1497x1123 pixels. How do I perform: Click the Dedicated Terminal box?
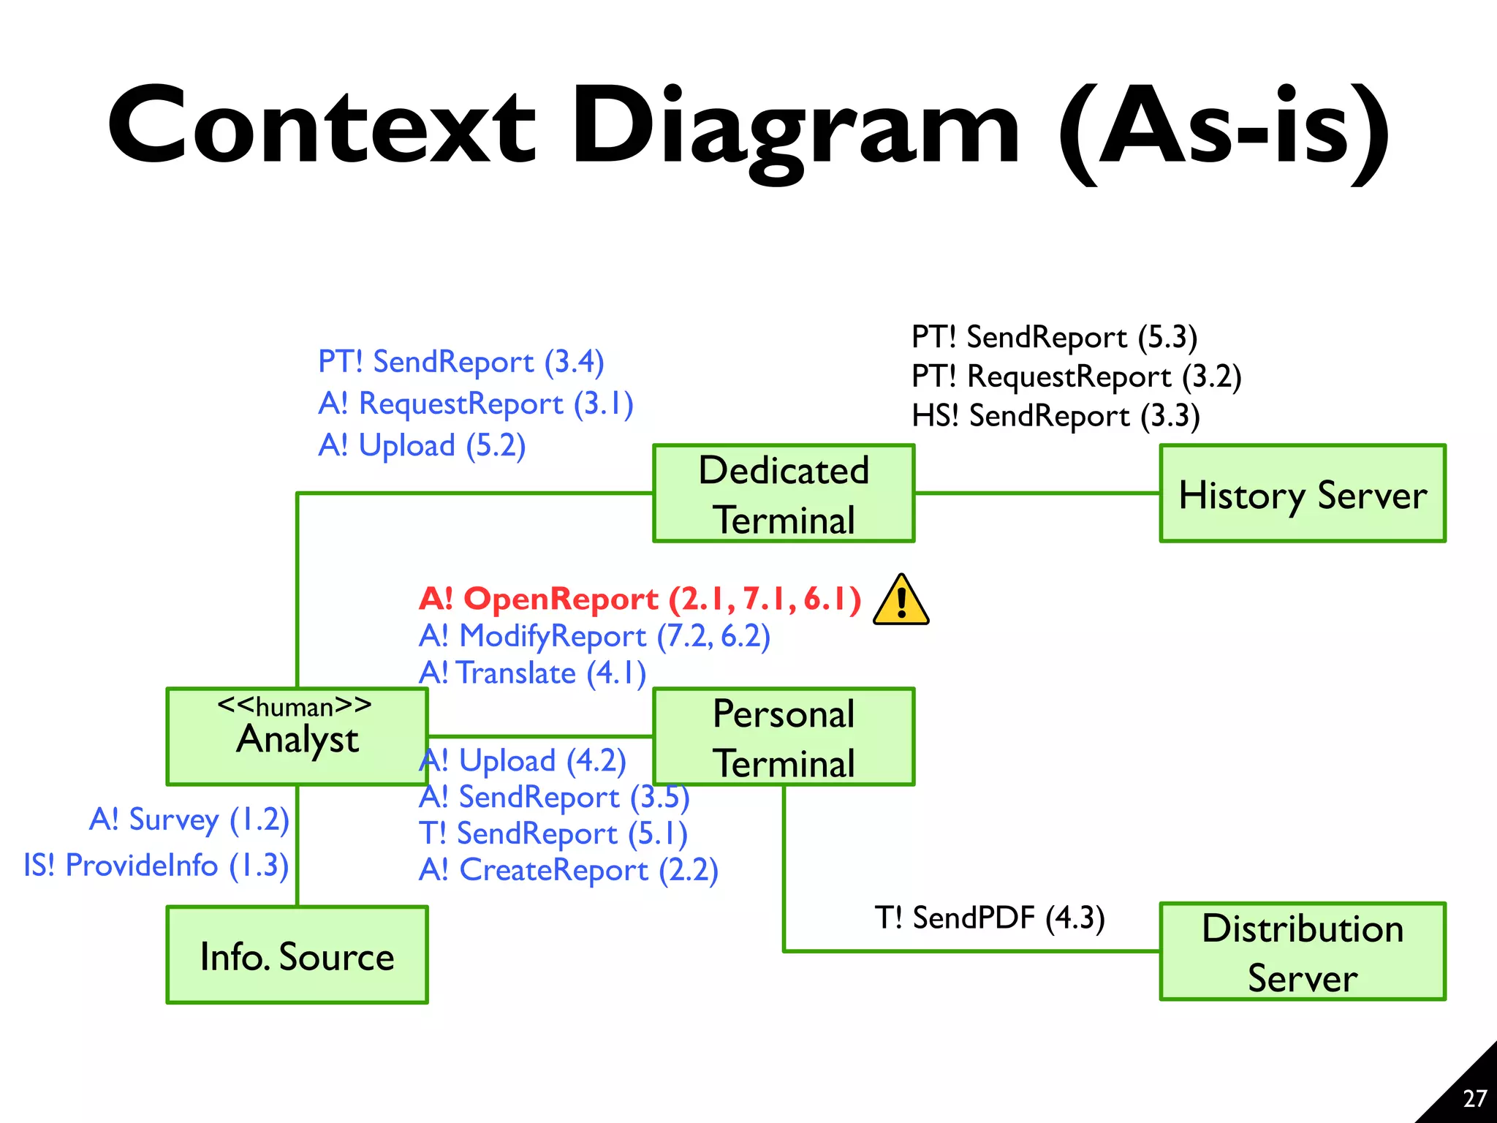(784, 494)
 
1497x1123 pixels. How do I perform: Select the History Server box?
(1302, 494)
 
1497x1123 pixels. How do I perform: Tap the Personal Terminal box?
(784, 737)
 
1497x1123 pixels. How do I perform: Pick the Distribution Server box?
(1302, 952)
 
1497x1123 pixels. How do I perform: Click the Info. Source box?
(297, 956)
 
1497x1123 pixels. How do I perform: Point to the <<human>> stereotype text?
(295, 706)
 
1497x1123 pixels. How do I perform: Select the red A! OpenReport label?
(640, 599)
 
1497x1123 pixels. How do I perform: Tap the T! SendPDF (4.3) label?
(990, 918)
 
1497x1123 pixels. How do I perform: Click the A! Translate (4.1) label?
(532, 673)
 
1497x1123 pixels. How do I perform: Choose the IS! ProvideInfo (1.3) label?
(156, 866)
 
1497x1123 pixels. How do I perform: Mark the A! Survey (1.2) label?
(189, 820)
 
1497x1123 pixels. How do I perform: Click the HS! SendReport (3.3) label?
(1056, 416)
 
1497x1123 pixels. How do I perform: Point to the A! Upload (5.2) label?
(422, 445)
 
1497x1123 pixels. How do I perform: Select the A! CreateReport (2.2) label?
(569, 870)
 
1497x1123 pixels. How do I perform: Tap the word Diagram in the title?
(795, 128)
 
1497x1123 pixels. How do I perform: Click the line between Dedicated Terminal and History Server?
(1036, 494)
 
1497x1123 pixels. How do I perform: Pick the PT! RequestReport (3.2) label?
(1076, 377)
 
